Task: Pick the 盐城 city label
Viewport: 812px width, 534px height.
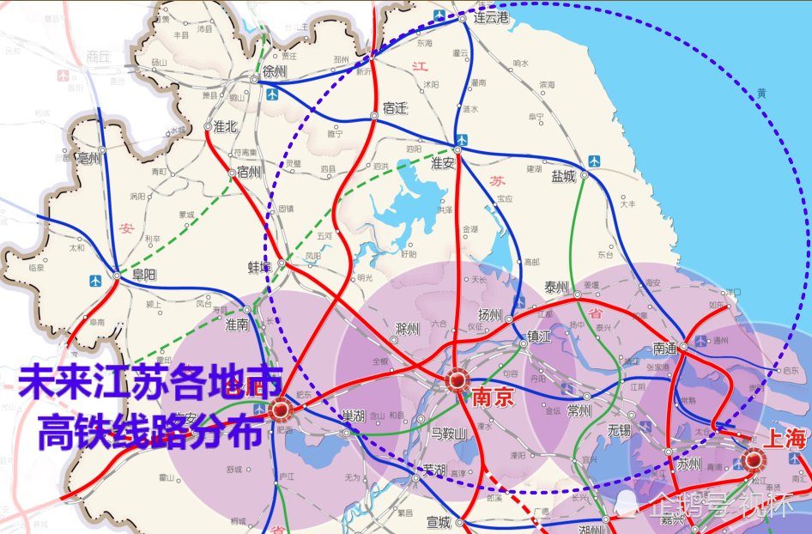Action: (564, 176)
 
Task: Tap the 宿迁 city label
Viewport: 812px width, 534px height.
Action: (395, 108)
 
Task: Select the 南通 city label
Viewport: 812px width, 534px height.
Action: (664, 349)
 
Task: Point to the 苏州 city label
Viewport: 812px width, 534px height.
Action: (688, 464)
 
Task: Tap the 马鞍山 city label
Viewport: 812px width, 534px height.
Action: (447, 434)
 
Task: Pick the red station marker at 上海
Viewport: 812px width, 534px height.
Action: (754, 459)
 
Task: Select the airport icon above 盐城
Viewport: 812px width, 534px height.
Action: (594, 161)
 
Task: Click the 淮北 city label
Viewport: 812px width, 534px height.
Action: (225, 126)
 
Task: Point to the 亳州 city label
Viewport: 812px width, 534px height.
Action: (89, 158)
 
